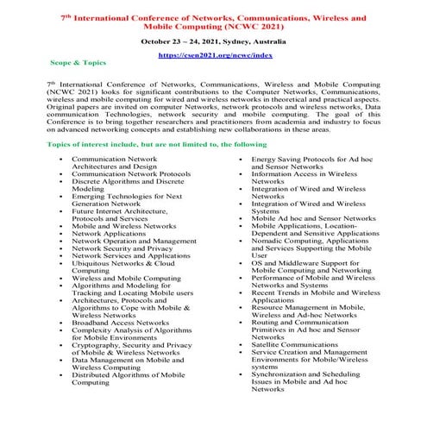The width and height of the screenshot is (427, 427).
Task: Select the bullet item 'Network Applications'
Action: pyautogui.click(x=109, y=233)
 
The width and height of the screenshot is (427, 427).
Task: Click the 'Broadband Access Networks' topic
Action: pyautogui.click(x=120, y=322)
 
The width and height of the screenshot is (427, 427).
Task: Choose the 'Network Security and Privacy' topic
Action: pyautogui.click(x=122, y=248)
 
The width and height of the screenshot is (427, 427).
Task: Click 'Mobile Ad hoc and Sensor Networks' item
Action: pyautogui.click(x=313, y=218)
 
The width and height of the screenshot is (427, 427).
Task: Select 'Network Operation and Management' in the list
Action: pyautogui.click(x=134, y=241)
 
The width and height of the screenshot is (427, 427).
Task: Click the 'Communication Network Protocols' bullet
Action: pyautogui.click(x=131, y=173)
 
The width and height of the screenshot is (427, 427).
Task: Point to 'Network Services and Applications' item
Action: pyautogui.click(x=131, y=255)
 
